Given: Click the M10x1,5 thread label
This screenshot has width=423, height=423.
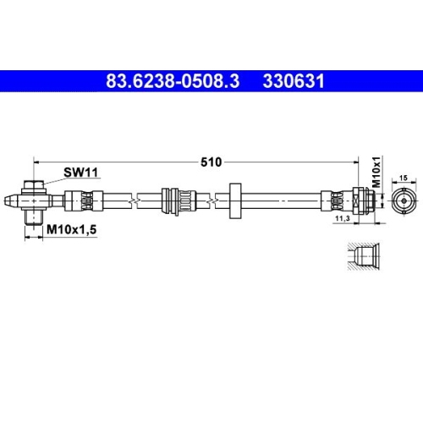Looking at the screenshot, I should [69, 229].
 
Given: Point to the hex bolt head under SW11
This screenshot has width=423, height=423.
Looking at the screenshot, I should [31, 186].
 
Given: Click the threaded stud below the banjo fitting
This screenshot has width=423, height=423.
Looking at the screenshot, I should [32, 217].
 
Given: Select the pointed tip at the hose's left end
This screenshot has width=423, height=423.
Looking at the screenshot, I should [8, 201].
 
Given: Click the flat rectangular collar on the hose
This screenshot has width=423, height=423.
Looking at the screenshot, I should [234, 201].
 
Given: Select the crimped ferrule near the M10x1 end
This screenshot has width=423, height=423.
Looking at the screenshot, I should [335, 201].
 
